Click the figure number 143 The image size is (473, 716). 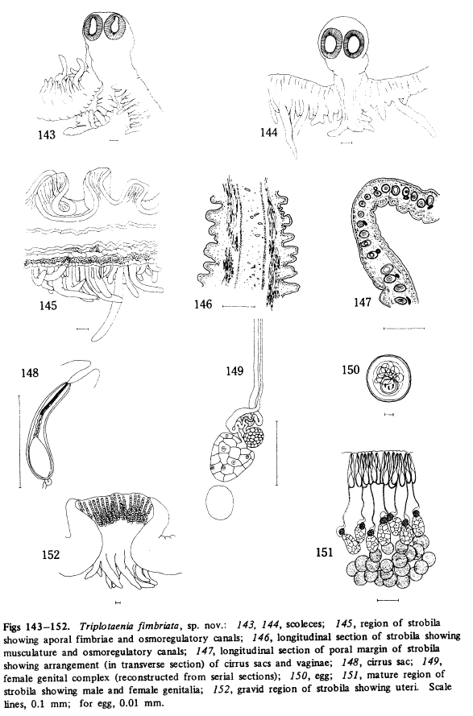point(47,135)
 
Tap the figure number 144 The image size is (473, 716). point(268,133)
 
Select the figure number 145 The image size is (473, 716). point(48,306)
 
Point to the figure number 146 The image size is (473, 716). point(203,304)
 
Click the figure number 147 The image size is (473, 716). point(363,302)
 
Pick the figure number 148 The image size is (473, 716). point(30,373)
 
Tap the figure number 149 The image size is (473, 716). point(234,370)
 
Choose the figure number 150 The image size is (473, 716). point(351,370)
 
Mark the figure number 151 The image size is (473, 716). point(325,553)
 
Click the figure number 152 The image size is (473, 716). point(51,554)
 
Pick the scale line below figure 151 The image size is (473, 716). point(388,599)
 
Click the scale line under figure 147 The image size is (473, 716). point(404,328)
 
